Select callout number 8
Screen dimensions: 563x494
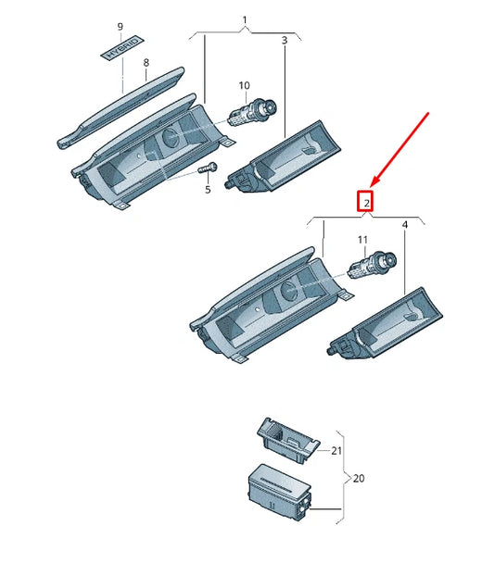tap(146, 63)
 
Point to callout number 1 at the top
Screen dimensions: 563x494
tap(245, 19)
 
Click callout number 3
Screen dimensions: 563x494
tap(284, 41)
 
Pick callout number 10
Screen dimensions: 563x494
tap(245, 86)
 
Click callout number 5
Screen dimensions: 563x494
tap(208, 190)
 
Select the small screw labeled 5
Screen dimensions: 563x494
tap(208, 170)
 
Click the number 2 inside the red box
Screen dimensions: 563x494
tap(367, 202)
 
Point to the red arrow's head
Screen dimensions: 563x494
tap(373, 184)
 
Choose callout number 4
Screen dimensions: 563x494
tap(404, 225)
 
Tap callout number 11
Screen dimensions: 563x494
tap(363, 241)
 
